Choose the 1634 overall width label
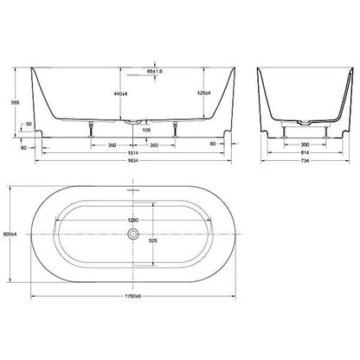(x=132, y=161)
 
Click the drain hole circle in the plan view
(x=132, y=233)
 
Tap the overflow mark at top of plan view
(x=132, y=188)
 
